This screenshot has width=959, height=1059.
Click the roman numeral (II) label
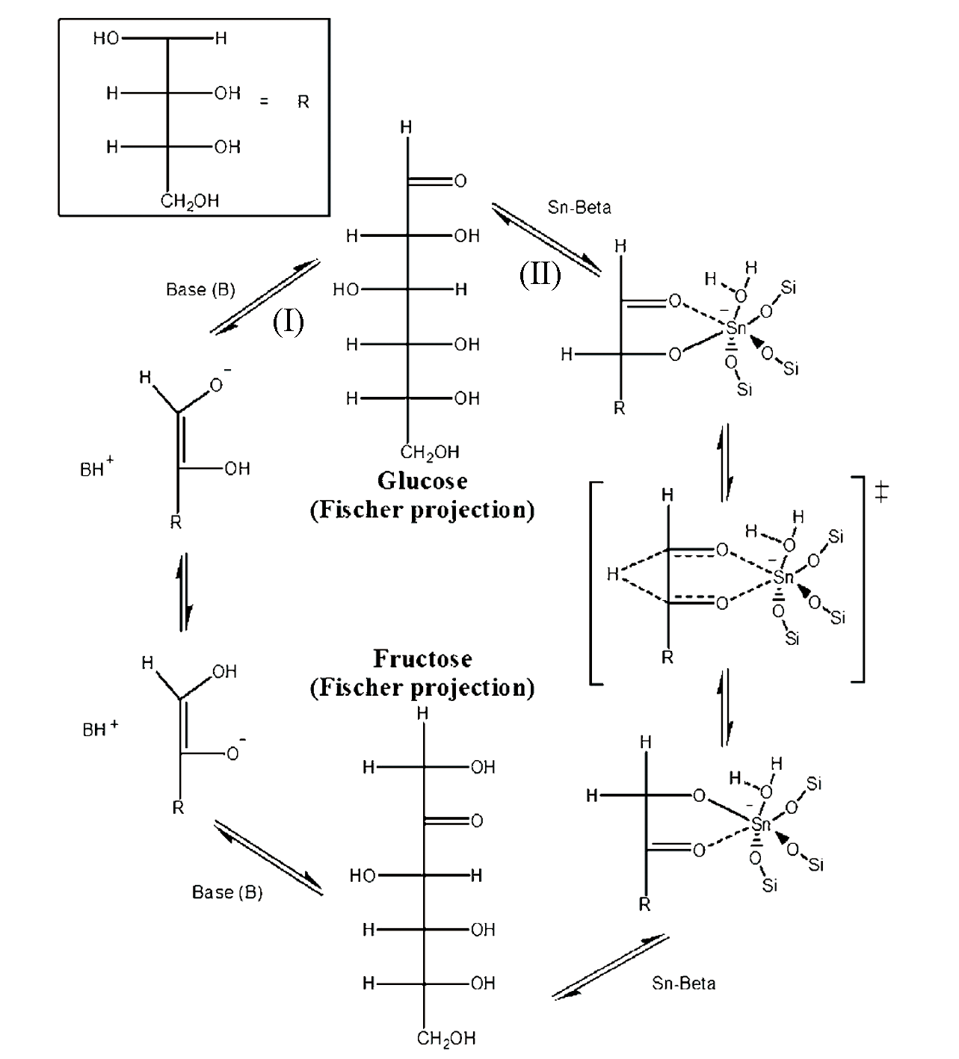tap(540, 274)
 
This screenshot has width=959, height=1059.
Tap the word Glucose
tap(422, 481)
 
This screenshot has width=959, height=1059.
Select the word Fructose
tap(422, 659)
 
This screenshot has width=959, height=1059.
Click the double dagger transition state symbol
tap(882, 493)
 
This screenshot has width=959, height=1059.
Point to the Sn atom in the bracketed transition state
tap(783, 577)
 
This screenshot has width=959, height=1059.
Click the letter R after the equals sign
tap(303, 102)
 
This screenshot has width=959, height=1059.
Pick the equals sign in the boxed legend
tap(264, 102)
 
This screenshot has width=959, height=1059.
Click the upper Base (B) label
tap(200, 290)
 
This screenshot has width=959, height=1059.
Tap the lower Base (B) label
tap(227, 892)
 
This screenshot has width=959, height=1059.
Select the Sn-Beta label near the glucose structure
tap(579, 208)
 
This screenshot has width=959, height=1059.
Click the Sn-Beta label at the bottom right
tap(683, 984)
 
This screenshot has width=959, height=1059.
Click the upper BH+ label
tap(96, 469)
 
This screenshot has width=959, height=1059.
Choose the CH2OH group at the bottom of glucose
tap(430, 452)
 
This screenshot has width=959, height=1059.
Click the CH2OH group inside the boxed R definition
tap(190, 201)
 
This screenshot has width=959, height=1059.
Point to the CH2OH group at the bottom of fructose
tap(446, 1038)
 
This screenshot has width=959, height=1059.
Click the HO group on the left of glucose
tap(346, 290)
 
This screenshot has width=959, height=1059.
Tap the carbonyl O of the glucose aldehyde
tap(460, 181)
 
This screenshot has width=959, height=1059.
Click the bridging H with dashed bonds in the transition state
tap(613, 575)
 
